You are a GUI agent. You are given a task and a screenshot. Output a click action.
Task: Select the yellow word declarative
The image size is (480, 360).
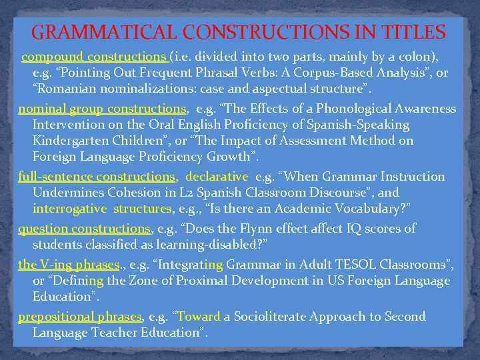pos(217,177)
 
